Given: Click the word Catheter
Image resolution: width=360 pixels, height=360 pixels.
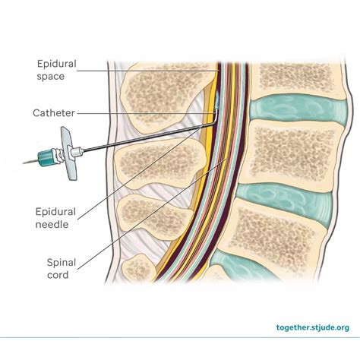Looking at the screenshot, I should pos(52,113).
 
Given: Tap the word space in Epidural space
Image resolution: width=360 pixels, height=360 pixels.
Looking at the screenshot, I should pos(52,76).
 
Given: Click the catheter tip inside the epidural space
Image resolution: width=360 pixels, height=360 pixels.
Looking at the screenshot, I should pos(216,99).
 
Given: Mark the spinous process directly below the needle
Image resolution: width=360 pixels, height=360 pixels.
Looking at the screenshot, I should pos(156,159).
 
